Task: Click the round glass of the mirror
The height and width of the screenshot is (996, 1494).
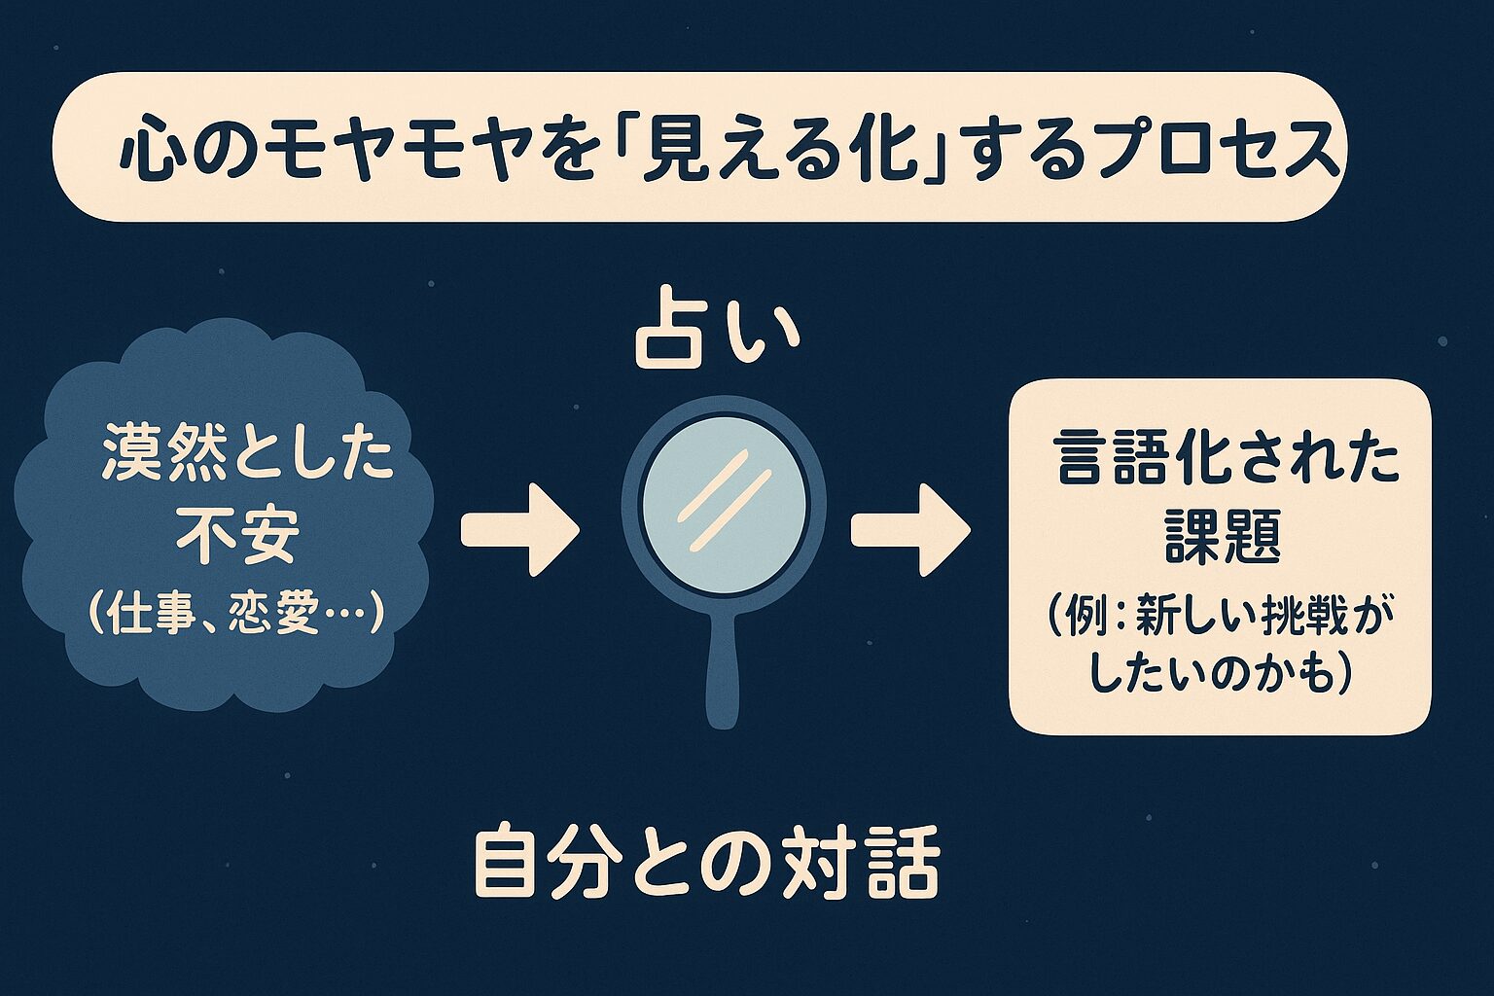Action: pos(723,504)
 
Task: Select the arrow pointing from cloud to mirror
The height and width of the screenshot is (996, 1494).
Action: pos(520,528)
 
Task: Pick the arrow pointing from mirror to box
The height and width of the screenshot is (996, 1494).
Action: pos(910,528)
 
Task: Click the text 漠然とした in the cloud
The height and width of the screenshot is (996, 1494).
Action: pos(247,460)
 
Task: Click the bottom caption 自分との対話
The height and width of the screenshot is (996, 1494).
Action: pos(707,863)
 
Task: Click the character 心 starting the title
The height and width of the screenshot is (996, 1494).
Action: pos(150,154)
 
